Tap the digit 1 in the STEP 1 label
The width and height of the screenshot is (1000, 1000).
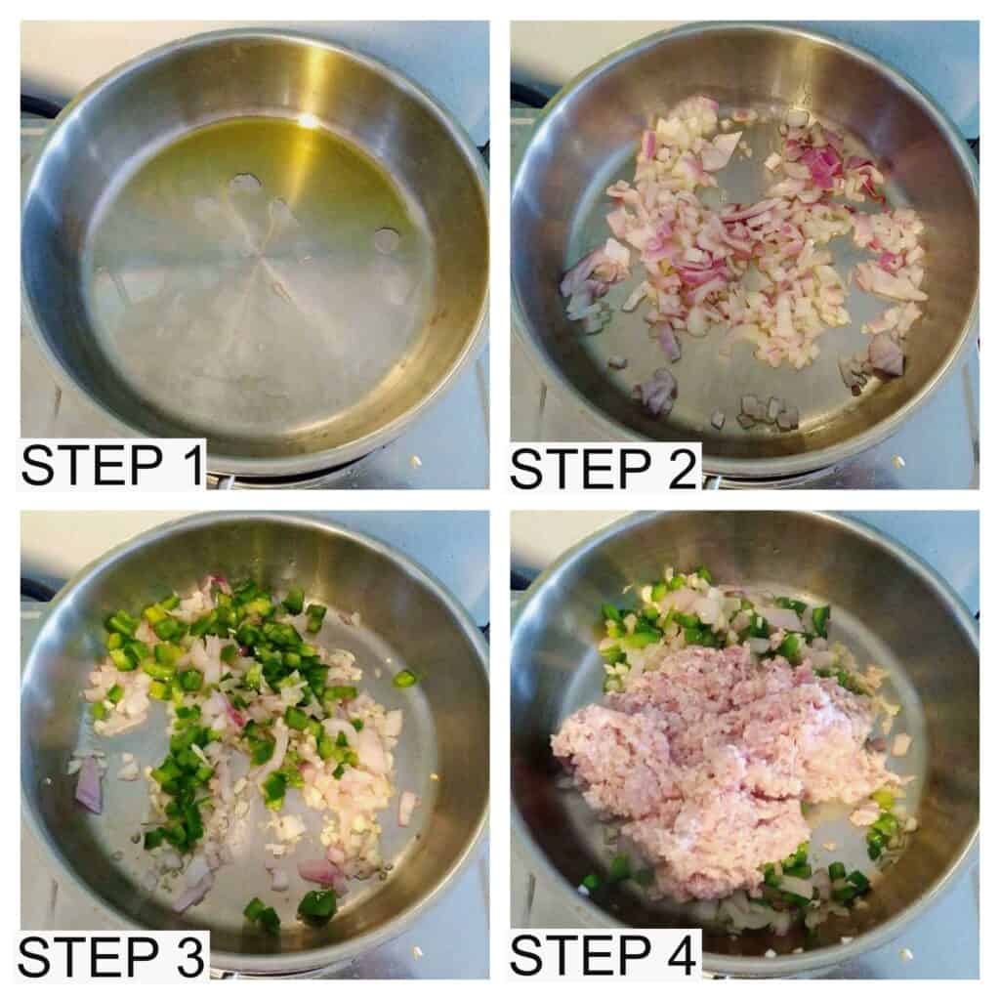tap(191, 466)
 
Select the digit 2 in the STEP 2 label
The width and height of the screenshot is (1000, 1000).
tap(680, 469)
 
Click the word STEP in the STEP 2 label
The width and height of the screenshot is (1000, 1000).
tap(580, 469)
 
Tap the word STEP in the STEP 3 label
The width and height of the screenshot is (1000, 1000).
tap(89, 957)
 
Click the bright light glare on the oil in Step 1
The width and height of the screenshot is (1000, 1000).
tap(308, 120)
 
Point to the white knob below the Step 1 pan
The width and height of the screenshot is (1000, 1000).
tap(416, 461)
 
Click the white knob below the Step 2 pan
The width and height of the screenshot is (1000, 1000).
tap(898, 461)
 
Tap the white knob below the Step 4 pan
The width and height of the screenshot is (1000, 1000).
tap(905, 954)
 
